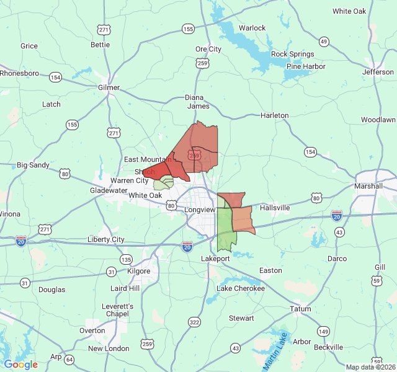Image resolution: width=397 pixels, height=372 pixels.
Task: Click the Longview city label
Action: point(198,210)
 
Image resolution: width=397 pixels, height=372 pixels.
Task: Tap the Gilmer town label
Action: point(109,87)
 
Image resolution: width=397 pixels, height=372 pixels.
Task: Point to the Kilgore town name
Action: point(138,271)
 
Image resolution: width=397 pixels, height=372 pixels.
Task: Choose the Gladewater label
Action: point(109,190)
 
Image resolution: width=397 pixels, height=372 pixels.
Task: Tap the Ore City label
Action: point(208,49)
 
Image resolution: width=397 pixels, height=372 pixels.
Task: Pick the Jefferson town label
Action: point(378,72)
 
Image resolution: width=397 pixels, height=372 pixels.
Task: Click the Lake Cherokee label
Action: point(240,288)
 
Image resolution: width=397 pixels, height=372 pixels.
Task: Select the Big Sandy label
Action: point(33,165)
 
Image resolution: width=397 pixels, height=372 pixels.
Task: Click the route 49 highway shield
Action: point(324,42)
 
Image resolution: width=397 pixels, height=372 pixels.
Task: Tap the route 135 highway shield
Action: point(126,259)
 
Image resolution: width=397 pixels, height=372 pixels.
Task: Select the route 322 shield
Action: point(195,322)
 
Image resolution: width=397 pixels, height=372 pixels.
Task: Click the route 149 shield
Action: point(323,332)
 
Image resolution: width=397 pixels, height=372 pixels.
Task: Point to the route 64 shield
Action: point(69,360)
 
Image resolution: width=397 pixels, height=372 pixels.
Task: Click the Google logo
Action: point(20,365)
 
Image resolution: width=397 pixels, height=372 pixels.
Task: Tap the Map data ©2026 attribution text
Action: point(369,367)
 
